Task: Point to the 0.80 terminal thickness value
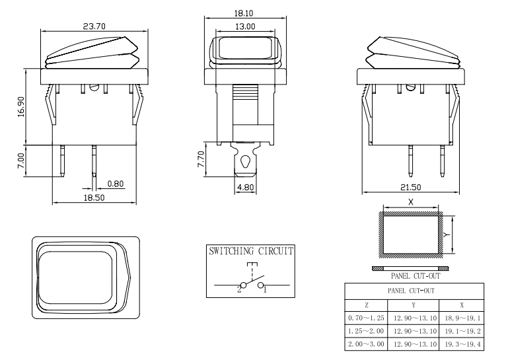113,183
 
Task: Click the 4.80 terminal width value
245,187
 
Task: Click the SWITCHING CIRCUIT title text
251,252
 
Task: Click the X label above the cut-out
410,202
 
